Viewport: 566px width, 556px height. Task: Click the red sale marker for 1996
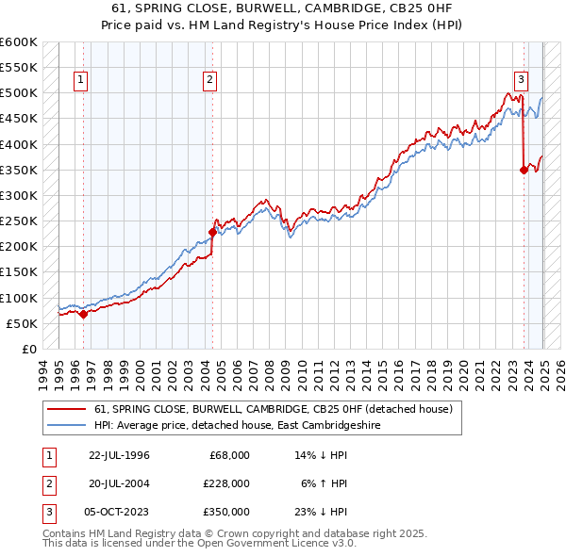(x=83, y=315)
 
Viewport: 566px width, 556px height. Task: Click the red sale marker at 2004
(x=212, y=232)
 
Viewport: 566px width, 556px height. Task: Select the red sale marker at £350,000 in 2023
(x=524, y=171)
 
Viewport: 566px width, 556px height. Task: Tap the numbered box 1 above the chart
(x=82, y=81)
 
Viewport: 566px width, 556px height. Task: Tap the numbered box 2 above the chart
(x=209, y=81)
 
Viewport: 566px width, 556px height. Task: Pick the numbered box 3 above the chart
(x=521, y=81)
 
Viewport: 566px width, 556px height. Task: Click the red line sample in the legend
(x=67, y=409)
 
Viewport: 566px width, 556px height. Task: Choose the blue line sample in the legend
(x=67, y=425)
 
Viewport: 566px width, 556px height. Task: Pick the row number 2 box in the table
(x=48, y=483)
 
